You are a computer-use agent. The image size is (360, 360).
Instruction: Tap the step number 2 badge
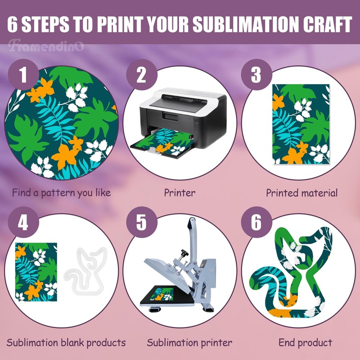click(141, 74)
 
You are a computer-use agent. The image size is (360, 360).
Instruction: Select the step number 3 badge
click(256, 74)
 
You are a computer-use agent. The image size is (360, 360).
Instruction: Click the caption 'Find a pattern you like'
click(61, 193)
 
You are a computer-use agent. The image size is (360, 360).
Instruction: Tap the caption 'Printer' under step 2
click(180, 193)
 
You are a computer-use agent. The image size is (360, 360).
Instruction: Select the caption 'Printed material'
click(301, 193)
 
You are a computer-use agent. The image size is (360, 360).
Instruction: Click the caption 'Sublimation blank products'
click(66, 342)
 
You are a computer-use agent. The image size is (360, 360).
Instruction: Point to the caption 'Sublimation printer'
click(189, 342)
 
